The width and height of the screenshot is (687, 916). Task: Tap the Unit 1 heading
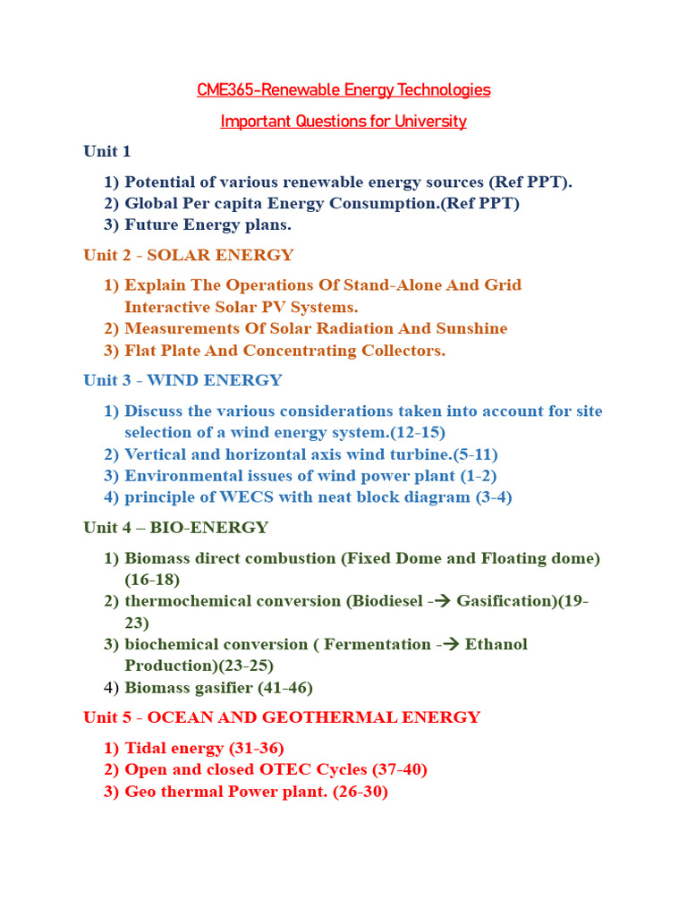tap(107, 151)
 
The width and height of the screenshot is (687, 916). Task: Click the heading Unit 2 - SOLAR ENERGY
tap(189, 255)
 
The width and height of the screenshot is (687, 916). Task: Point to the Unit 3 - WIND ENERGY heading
tap(182, 380)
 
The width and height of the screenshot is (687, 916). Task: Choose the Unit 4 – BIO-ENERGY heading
tap(175, 528)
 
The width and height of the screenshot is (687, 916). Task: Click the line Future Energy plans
tap(208, 225)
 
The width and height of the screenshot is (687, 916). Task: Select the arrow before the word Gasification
tap(444, 601)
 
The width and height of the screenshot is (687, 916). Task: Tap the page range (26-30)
tap(360, 792)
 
